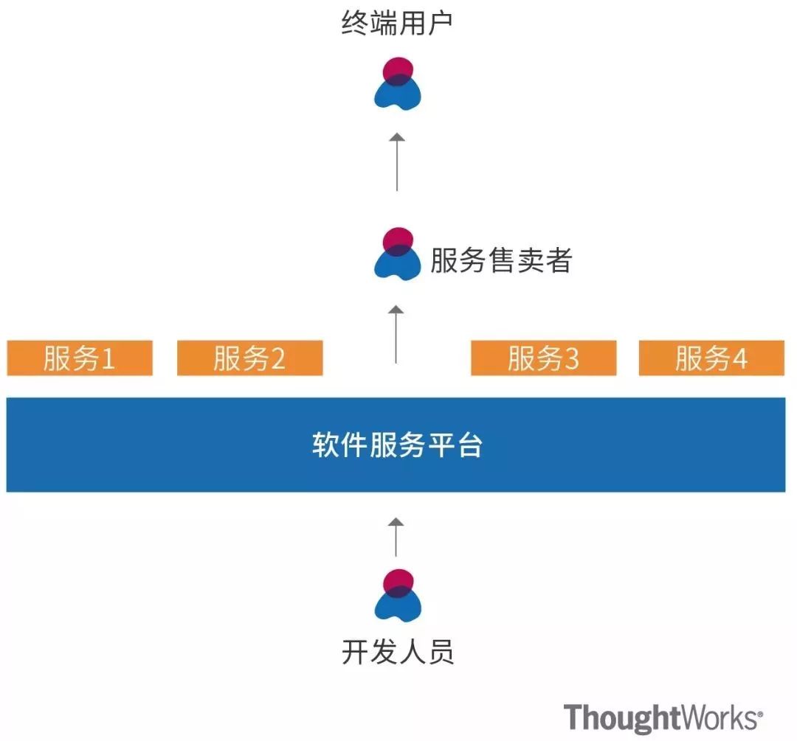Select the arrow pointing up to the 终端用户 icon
[x=397, y=161]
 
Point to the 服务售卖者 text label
[x=501, y=260]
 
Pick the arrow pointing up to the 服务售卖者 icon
[x=397, y=333]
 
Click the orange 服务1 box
[x=80, y=358]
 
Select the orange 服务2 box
[x=249, y=358]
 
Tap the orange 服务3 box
[x=543, y=358]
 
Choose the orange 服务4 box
[x=711, y=358]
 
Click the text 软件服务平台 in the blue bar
[x=397, y=445]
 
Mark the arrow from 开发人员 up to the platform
[x=396, y=537]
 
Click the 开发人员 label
[x=397, y=652]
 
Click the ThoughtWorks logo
[x=663, y=717]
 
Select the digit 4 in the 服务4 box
[x=740, y=359]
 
